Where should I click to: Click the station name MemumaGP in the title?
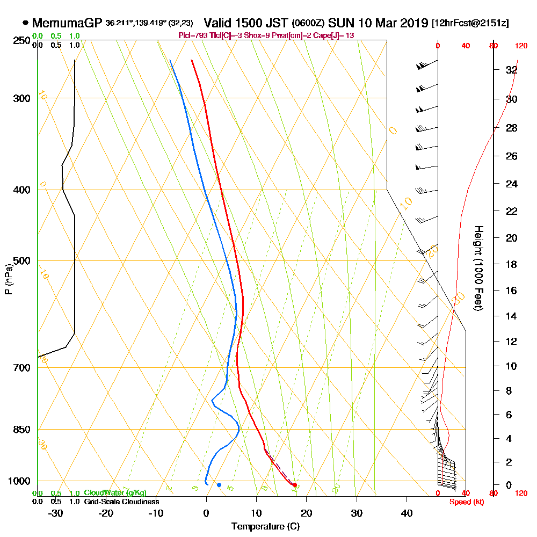click(67, 23)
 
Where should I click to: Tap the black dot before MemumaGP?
click(25, 23)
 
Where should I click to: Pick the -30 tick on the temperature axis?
click(56, 513)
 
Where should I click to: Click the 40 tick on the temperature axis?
click(407, 513)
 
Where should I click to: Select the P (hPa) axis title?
click(8, 279)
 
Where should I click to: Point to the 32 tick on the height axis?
click(511, 70)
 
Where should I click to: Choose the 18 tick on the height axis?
click(511, 264)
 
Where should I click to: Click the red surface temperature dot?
click(295, 485)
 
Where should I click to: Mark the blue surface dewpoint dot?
click(219, 485)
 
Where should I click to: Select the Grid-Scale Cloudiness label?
click(121, 502)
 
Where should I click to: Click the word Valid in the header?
click(219, 23)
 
